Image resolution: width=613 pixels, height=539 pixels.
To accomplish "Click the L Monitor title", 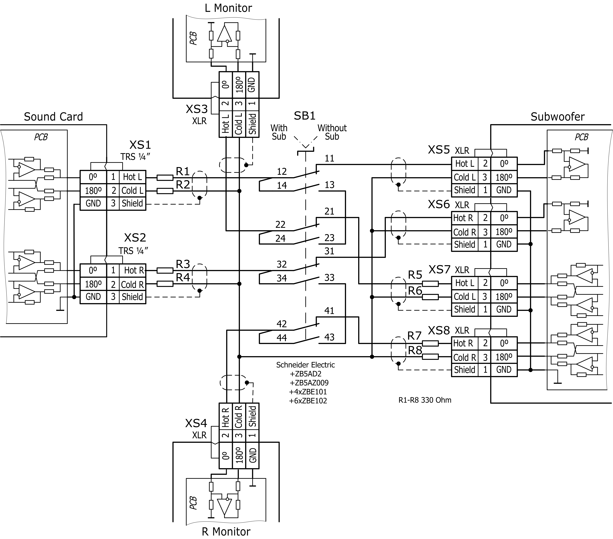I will click(x=228, y=8).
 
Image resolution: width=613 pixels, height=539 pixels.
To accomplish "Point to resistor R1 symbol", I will click(x=165, y=178).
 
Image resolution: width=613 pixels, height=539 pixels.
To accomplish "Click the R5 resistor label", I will click(x=415, y=275).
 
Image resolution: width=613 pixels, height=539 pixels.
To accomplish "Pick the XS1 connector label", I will click(x=140, y=145).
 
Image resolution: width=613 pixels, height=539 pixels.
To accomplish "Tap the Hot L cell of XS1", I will click(x=132, y=177).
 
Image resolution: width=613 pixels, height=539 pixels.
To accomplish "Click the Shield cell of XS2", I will click(x=132, y=297).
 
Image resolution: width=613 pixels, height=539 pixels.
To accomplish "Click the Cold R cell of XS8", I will click(x=465, y=357).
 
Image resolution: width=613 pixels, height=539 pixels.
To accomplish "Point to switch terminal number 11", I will click(x=329, y=159).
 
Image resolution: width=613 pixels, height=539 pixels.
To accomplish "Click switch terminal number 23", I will click(x=329, y=238).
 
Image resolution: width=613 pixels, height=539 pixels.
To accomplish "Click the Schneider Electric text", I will click(x=305, y=365).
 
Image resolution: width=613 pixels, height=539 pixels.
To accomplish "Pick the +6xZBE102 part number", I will click(x=308, y=401).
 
